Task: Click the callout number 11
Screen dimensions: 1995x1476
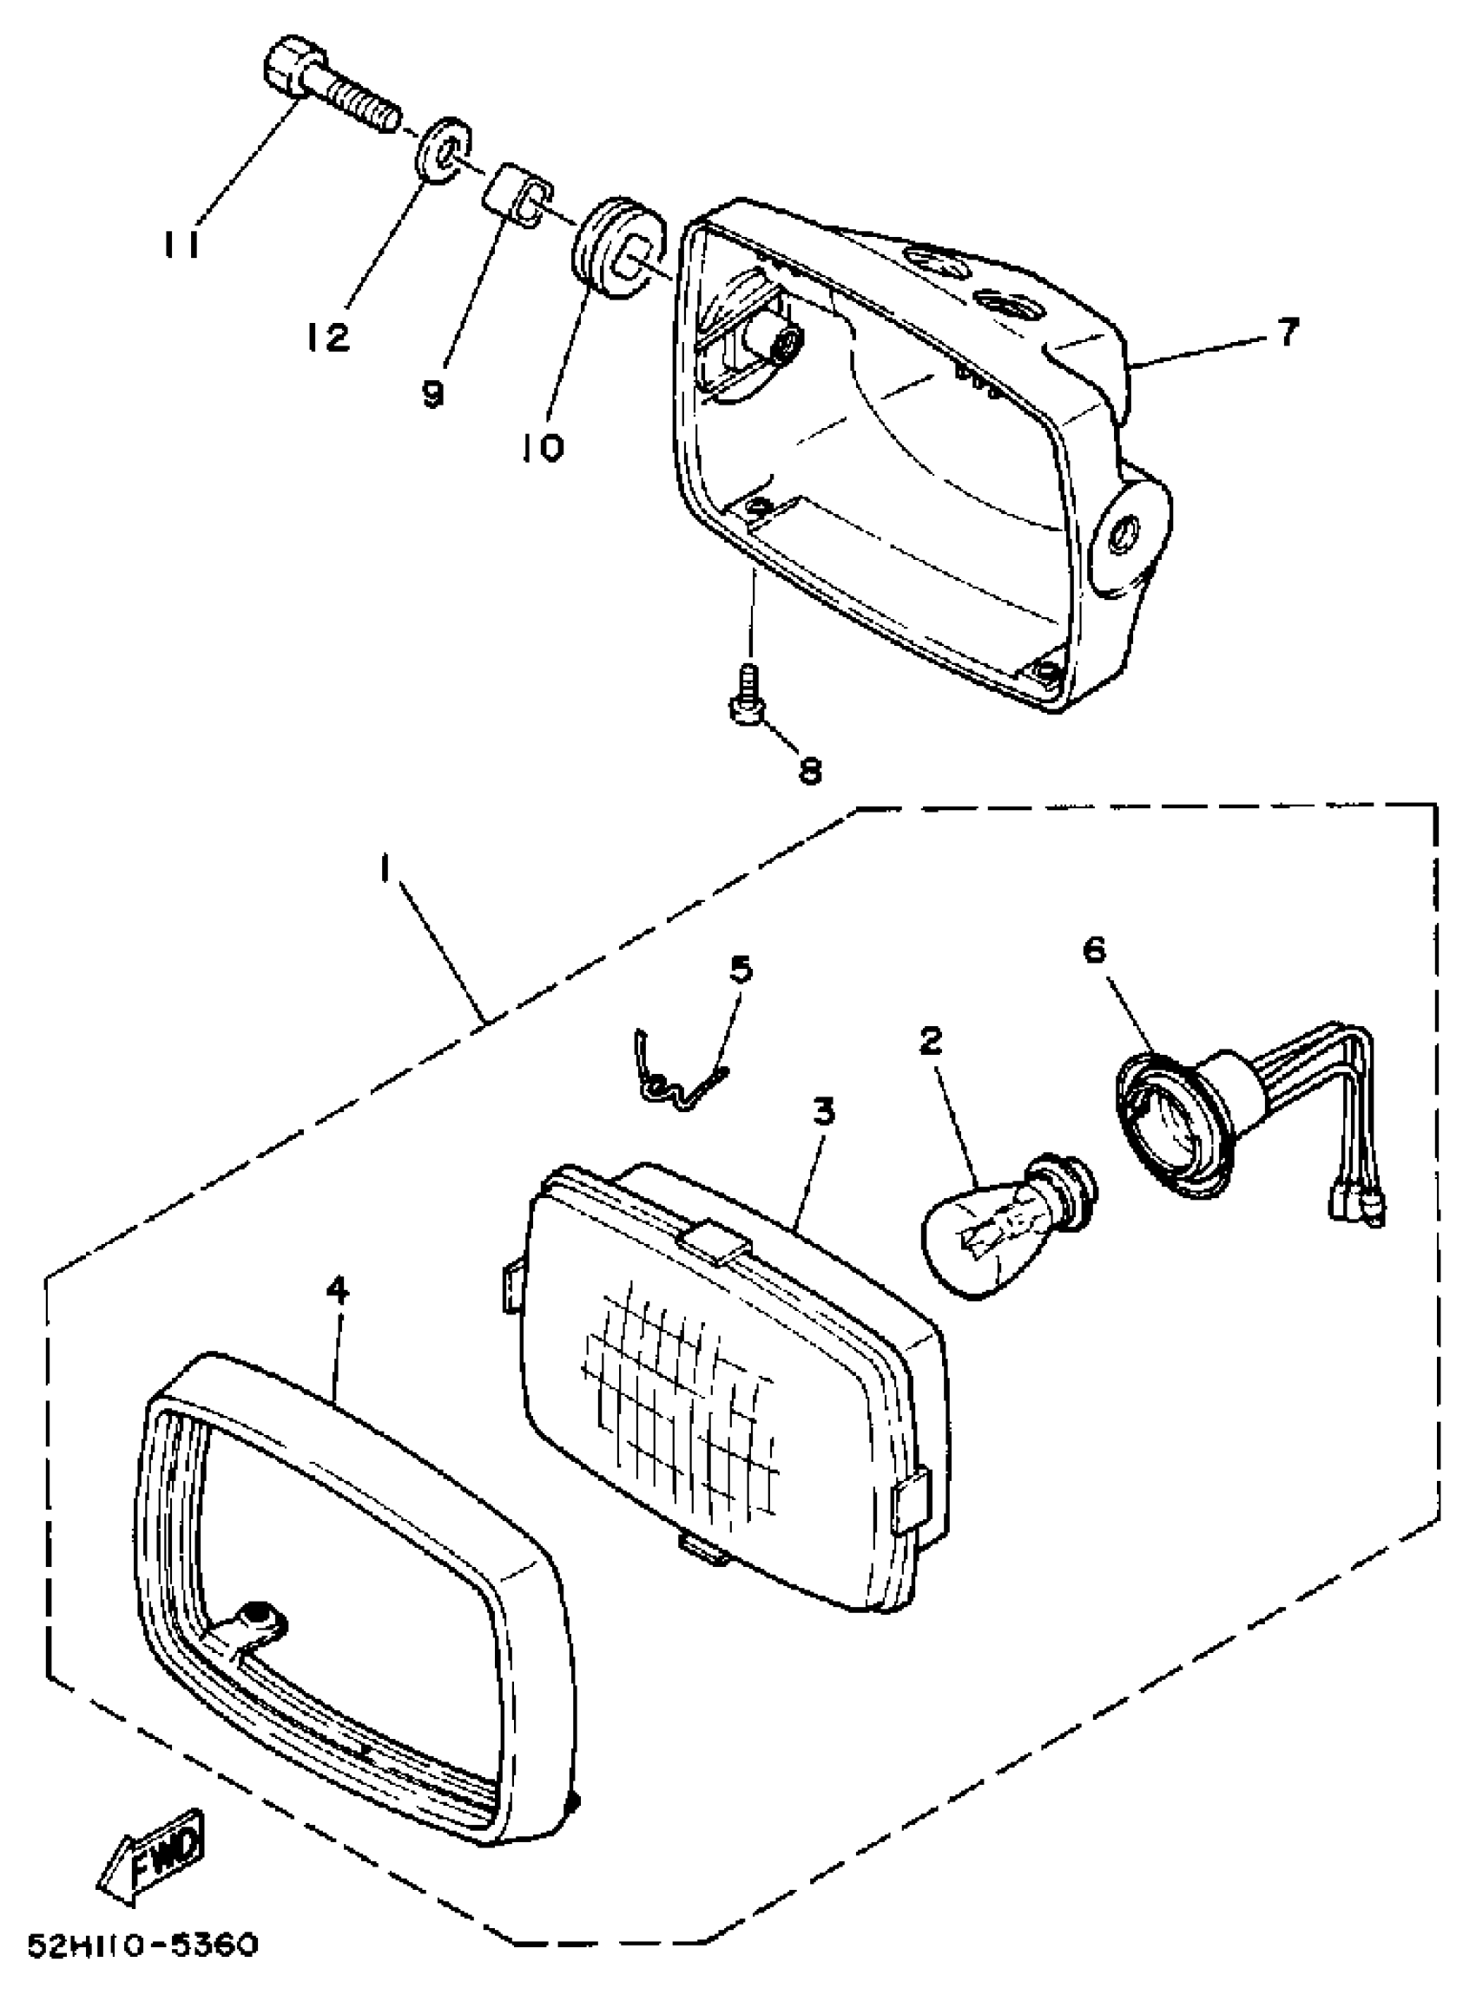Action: (182, 244)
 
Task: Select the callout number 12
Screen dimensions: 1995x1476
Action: (327, 337)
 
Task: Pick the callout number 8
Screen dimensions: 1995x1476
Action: (809, 769)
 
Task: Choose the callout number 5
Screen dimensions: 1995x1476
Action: (741, 970)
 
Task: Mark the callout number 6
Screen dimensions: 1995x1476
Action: (1094, 951)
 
